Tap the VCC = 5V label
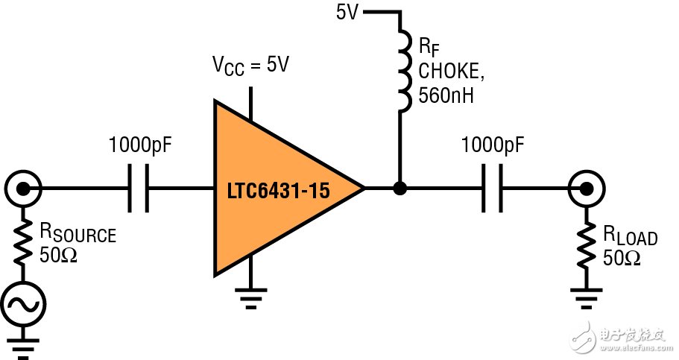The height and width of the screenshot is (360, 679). pos(252,65)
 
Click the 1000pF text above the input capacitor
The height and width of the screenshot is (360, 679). pos(140,145)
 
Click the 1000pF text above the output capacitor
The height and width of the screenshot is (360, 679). pos(493,145)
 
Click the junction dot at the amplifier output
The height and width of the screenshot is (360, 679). pos(400,189)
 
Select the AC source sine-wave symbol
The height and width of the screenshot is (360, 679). pos(25,304)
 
